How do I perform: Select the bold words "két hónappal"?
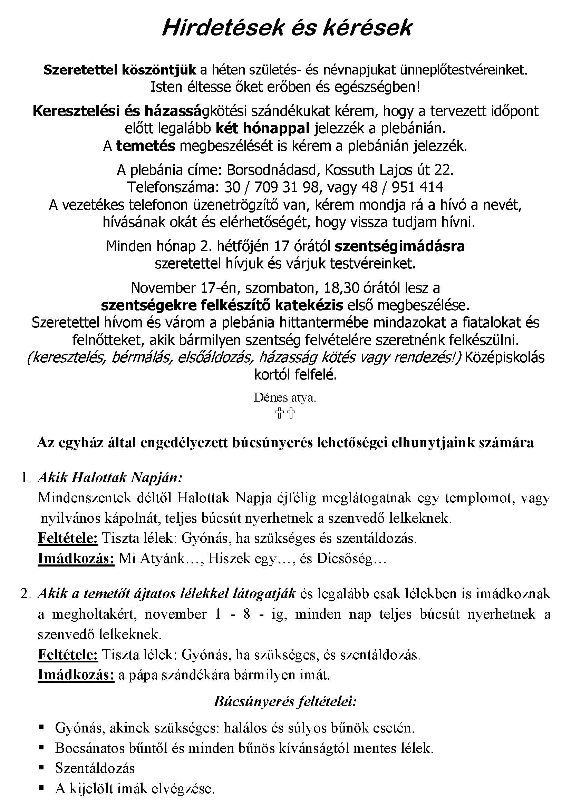click(262, 129)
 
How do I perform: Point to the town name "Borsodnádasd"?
click(273, 170)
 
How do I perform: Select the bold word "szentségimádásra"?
click(399, 246)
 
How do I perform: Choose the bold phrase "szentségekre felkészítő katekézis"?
click(222, 305)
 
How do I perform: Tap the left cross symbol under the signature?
click(280, 413)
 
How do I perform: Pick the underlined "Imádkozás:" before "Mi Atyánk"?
click(76, 559)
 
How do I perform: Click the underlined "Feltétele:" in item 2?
click(68, 655)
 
